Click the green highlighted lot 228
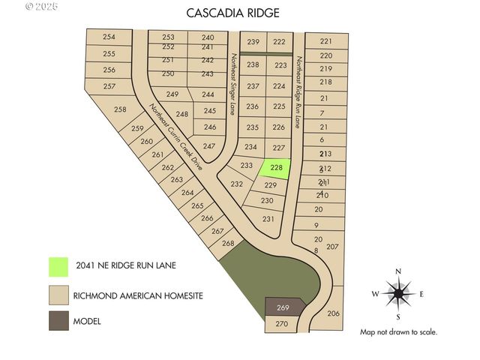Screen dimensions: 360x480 pos(276,168)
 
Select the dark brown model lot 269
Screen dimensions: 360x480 pos(283,307)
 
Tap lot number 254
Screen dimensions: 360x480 pos(109,37)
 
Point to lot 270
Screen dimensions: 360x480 pos(281,324)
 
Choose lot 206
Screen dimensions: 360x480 pos(334,313)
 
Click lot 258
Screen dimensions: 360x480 pos(120,110)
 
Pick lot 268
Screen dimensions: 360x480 pos(229,244)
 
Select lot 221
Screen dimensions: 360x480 pos(325,41)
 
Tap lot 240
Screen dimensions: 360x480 pos(208,37)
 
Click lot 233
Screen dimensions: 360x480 pos(246,165)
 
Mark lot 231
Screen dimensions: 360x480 pos(268,219)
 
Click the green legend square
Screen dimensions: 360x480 pos(58,266)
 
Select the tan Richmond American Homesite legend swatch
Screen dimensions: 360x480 pos(58,294)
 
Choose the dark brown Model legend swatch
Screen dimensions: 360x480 pos(58,321)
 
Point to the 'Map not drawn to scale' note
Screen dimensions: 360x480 pos(398,331)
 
